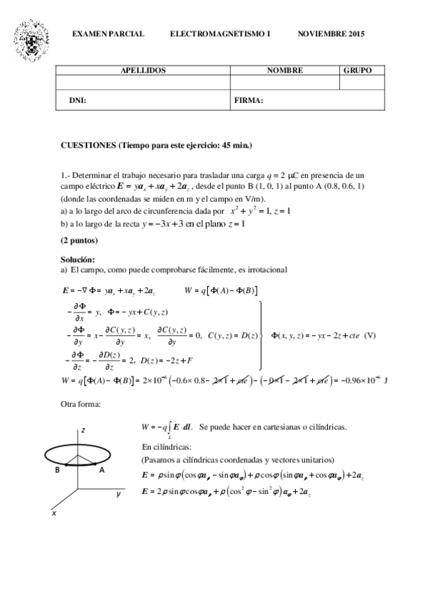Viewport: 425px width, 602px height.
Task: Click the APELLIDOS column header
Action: [x=143, y=71]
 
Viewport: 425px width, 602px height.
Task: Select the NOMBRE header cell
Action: [x=285, y=71]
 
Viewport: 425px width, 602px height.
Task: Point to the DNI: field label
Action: [x=77, y=100]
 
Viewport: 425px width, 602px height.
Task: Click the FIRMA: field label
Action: [x=248, y=100]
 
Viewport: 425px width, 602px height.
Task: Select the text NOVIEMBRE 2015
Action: [x=331, y=34]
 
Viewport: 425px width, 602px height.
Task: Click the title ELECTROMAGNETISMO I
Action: [x=220, y=34]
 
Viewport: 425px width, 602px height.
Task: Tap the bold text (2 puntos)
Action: [x=79, y=241]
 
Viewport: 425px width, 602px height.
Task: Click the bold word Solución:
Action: [x=77, y=260]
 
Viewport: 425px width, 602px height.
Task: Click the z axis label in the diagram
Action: [x=83, y=431]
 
